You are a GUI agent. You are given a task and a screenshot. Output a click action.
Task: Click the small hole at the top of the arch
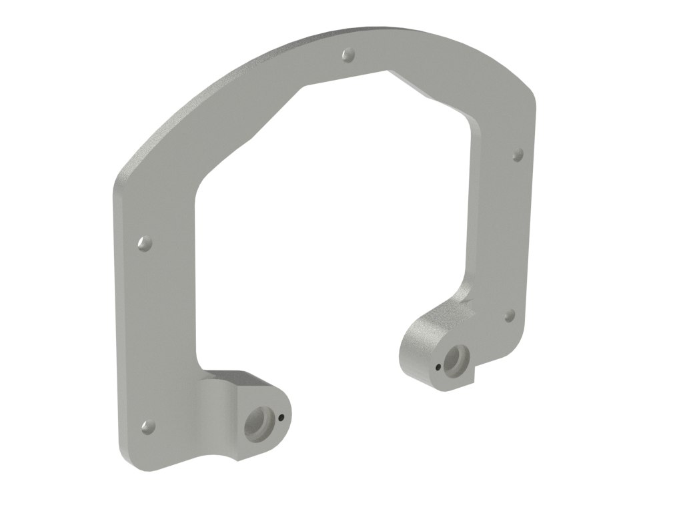click(347, 54)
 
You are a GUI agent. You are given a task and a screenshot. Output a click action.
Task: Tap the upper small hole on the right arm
click(517, 155)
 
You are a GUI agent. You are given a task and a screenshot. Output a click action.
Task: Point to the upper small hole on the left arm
click(143, 244)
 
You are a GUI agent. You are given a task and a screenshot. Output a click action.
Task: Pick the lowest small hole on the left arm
click(147, 426)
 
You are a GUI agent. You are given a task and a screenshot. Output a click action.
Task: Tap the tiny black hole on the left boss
click(282, 418)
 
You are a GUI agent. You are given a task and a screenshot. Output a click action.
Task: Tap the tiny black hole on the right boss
click(438, 366)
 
